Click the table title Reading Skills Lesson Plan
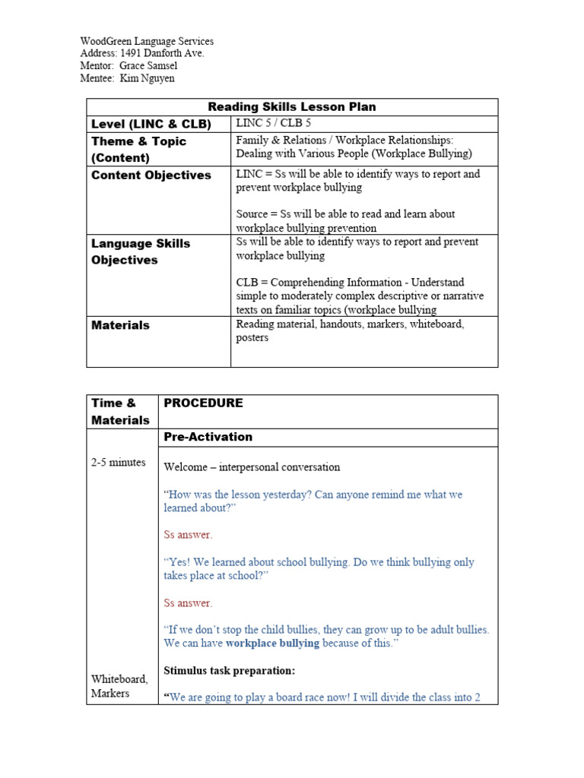tap(292, 107)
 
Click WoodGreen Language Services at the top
tap(147, 42)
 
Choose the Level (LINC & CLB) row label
tap(151, 125)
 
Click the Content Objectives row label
tap(151, 176)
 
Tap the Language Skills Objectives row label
tap(141, 251)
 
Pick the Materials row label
tap(120, 325)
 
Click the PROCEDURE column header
tap(203, 403)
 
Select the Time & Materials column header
tap(120, 412)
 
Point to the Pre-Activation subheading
tap(208, 437)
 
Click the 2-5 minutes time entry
tap(119, 463)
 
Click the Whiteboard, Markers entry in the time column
tap(119, 686)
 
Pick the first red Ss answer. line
tap(188, 535)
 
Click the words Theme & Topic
tap(138, 141)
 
